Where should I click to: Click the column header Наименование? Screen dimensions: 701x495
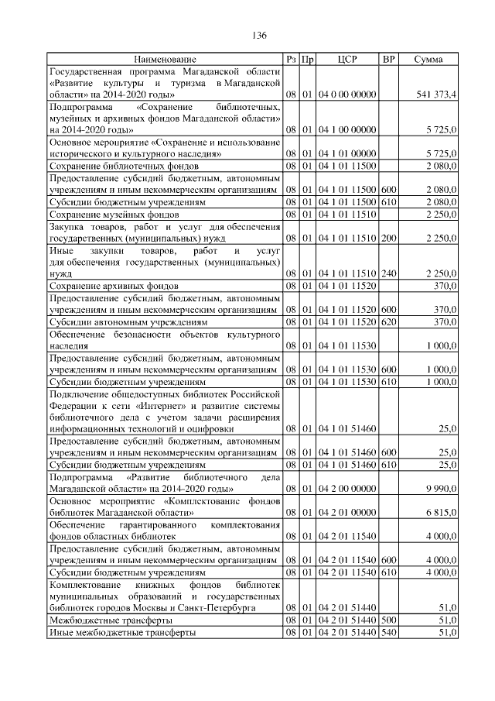pyautogui.click(x=165, y=59)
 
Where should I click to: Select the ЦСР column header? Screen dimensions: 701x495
pyautogui.click(x=347, y=59)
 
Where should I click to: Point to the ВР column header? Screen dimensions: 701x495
pyautogui.click(x=389, y=59)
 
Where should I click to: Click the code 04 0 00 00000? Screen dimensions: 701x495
pyautogui.click(x=347, y=94)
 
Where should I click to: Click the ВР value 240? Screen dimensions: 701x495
pyautogui.click(x=389, y=273)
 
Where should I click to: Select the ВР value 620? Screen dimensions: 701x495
pyautogui.click(x=389, y=321)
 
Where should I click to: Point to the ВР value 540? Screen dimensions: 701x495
pyautogui.click(x=389, y=633)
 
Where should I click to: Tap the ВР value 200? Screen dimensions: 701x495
pyautogui.click(x=389, y=238)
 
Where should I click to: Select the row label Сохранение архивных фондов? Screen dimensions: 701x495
pyautogui.click(x=114, y=286)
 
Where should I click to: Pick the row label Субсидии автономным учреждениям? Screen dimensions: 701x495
pyautogui.click(x=128, y=321)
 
